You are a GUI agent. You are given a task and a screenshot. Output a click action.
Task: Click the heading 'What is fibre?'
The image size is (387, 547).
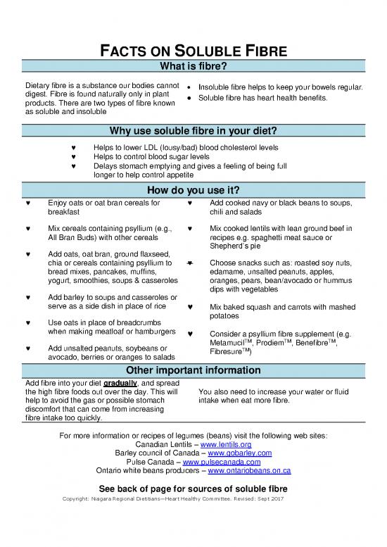coord(193,68)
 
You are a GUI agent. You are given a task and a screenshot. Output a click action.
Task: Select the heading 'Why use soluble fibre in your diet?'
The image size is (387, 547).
coord(193,132)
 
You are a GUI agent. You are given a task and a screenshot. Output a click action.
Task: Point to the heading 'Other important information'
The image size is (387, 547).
coord(193,372)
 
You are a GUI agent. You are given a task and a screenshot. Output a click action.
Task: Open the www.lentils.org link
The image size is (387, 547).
coord(226,445)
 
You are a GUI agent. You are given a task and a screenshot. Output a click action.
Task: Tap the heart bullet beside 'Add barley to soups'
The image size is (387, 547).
coord(27,296)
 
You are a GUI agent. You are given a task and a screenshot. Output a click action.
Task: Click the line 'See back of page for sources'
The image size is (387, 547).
coord(193,488)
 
